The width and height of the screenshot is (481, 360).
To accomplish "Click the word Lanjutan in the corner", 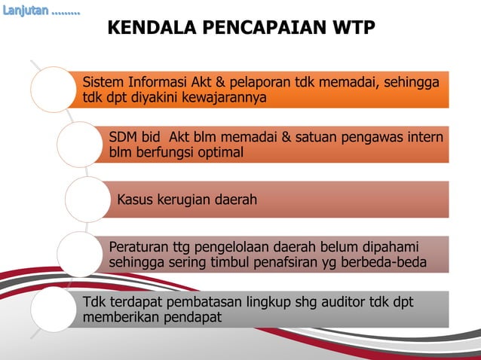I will click(x=26, y=11).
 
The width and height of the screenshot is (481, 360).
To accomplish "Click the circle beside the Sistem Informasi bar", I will click(x=54, y=90).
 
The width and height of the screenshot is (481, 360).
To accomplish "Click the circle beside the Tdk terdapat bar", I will click(x=54, y=309).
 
